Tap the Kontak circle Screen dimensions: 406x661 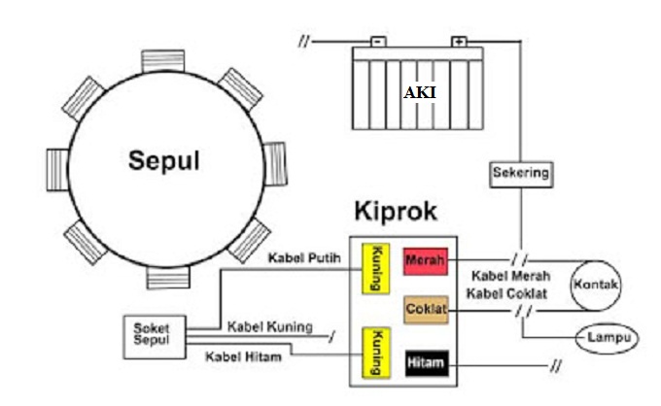pos(596,284)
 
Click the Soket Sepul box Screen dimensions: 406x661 pos(151,335)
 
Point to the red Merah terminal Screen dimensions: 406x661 pos(424,260)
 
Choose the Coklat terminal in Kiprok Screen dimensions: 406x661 pos(425,310)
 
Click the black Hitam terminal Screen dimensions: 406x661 pos(425,364)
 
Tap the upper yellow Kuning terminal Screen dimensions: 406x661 pos(375,268)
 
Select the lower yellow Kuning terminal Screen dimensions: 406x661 pos(375,352)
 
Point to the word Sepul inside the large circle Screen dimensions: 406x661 pos(164,161)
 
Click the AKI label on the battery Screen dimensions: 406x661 pos(419,92)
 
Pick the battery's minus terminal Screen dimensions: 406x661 pos(379,43)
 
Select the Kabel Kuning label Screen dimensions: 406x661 pos(269,327)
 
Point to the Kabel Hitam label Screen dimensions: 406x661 pos(244,355)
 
